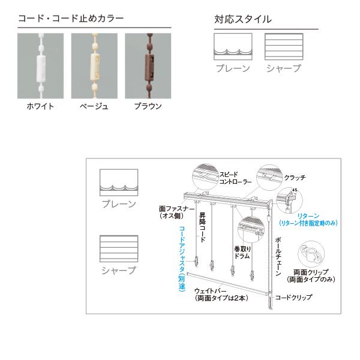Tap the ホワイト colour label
40,107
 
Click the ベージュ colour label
94,107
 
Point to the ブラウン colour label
148,107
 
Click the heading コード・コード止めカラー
71,19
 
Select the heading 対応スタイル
243,19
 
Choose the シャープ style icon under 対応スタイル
283,46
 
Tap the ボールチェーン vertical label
277,255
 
